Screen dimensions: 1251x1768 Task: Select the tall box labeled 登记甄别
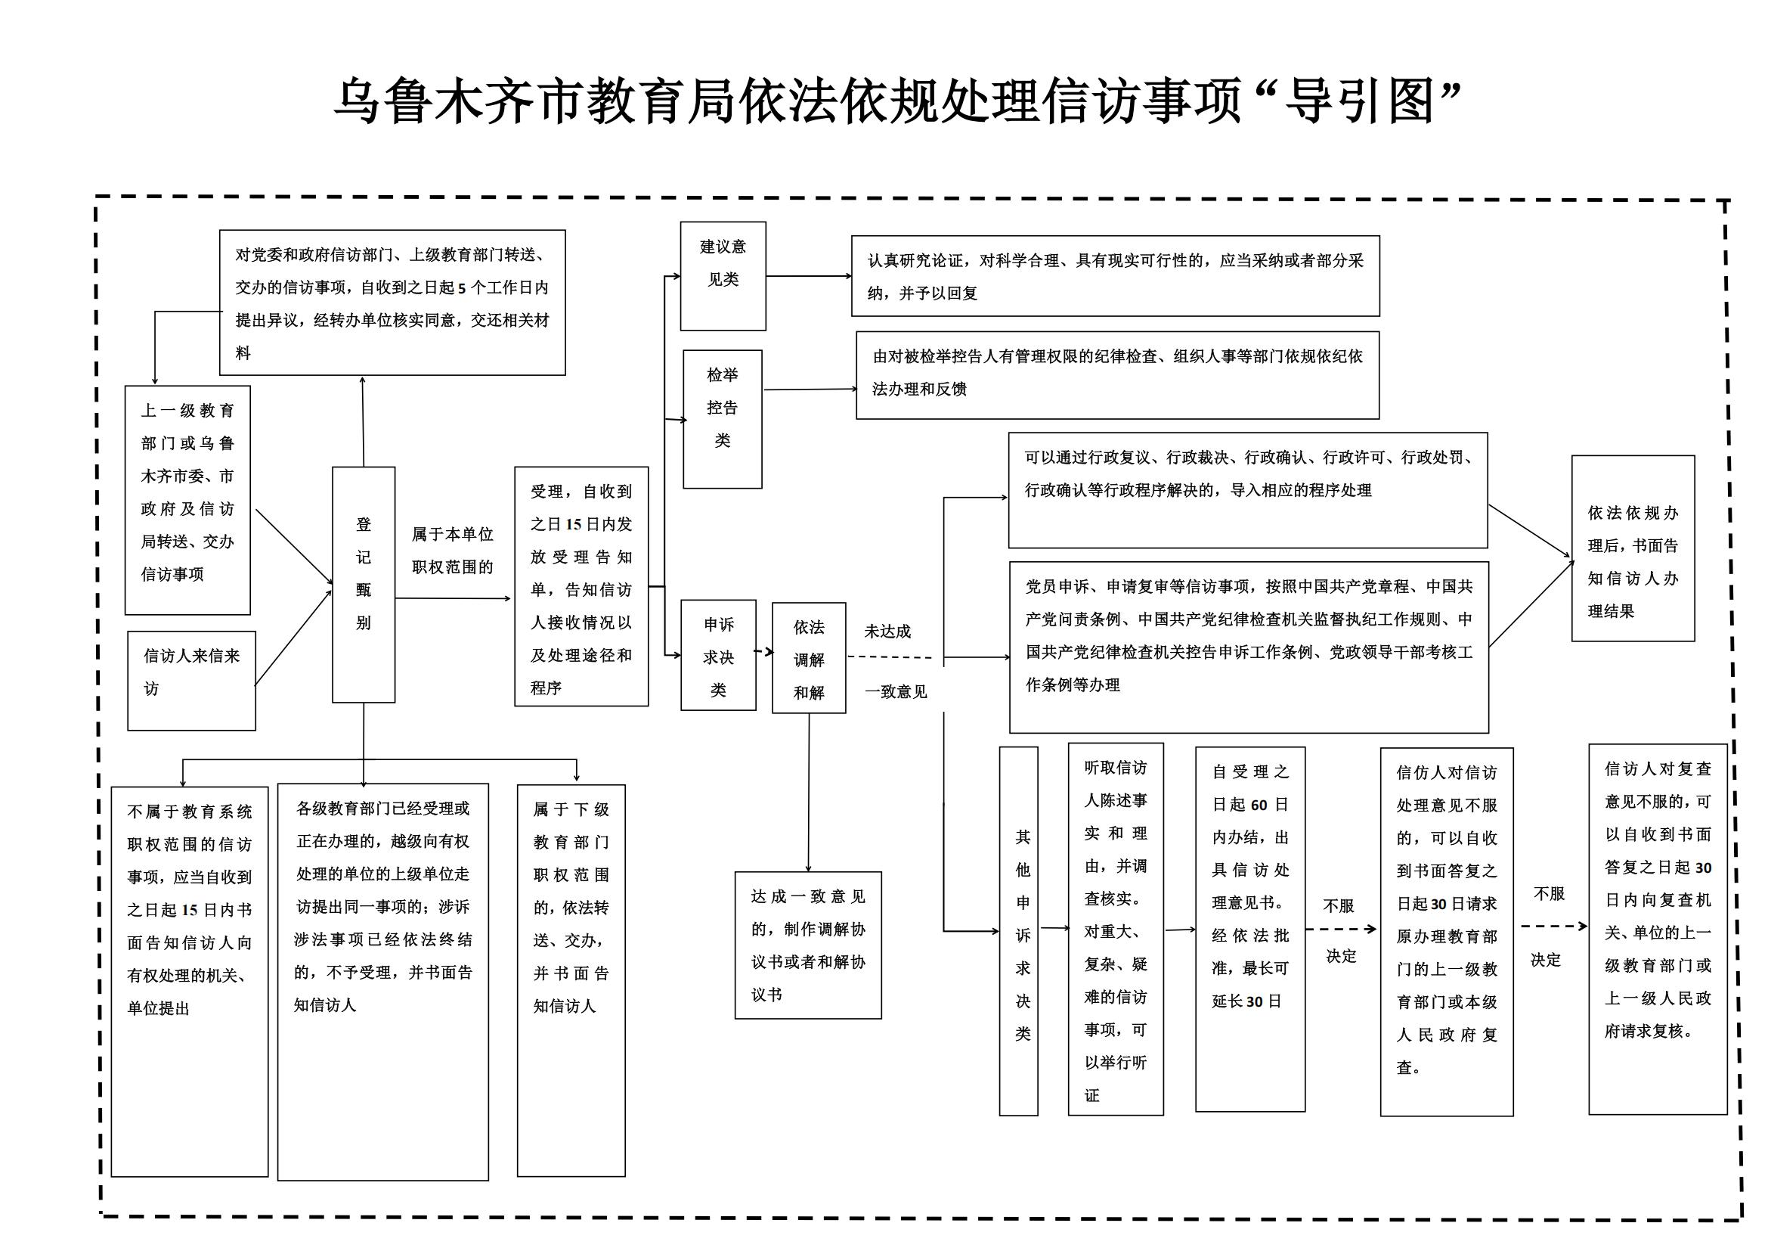pos(364,584)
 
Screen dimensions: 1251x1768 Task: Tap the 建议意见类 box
pos(723,276)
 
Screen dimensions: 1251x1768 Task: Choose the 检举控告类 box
pos(723,418)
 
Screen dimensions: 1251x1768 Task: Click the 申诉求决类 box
pos(717,655)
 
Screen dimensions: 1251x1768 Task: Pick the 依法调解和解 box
pos(809,658)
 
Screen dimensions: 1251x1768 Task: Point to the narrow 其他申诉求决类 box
pos(1018,930)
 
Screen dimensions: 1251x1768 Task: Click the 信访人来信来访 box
pos(191,680)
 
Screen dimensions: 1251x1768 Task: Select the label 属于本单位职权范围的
pos(452,550)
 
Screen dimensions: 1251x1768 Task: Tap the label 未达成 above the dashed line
pos(887,632)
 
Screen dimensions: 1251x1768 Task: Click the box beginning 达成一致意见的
pos(808,945)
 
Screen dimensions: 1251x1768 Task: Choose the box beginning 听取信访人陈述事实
pos(1115,929)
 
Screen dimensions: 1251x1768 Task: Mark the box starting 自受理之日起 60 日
pos(1249,929)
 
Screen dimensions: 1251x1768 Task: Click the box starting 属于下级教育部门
pos(571,979)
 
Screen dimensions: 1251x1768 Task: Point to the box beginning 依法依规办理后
pos(1633,548)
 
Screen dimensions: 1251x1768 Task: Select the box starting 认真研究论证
pos(1115,276)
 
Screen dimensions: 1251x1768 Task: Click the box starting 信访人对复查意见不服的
pos(1658,929)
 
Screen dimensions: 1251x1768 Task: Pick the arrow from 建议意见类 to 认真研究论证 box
pos(809,276)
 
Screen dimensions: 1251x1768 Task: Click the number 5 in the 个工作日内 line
pos(462,288)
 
